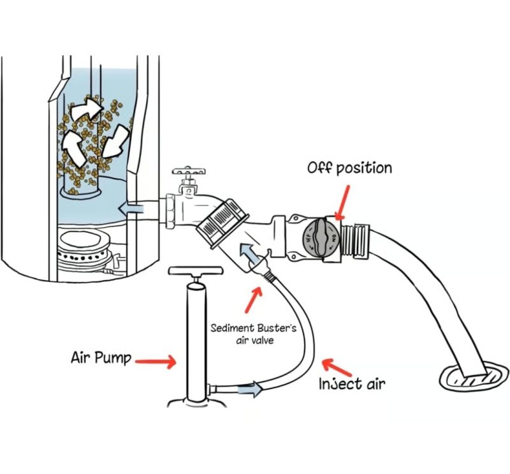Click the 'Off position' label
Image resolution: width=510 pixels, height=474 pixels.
click(x=349, y=168)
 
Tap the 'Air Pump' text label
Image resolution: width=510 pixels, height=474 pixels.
click(x=101, y=358)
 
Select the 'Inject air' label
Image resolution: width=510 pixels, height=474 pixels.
click(x=352, y=383)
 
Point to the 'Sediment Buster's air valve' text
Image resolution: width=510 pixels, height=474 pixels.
click(x=253, y=334)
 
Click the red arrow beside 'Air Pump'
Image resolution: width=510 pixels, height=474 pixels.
click(x=156, y=362)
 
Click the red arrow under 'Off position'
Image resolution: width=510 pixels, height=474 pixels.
click(x=342, y=202)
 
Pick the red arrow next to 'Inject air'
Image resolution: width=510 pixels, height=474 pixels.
click(x=337, y=367)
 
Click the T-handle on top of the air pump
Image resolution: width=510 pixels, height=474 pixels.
click(x=196, y=271)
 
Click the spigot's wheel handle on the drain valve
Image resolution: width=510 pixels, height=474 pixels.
click(x=189, y=171)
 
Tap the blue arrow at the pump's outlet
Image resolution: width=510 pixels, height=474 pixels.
click(x=250, y=389)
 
